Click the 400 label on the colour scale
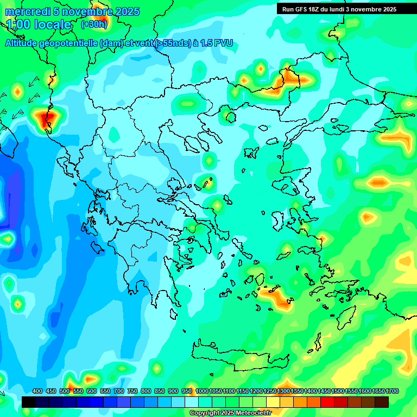[37, 391]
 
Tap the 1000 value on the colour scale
[202, 391]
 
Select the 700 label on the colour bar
[119, 391]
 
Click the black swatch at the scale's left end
[29, 402]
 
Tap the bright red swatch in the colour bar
[327, 402]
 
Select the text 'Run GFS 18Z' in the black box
[302, 9]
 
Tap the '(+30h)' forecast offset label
[94, 24]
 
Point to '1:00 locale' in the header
[39, 24]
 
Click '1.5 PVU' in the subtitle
[216, 43]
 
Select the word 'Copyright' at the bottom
[204, 413]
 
